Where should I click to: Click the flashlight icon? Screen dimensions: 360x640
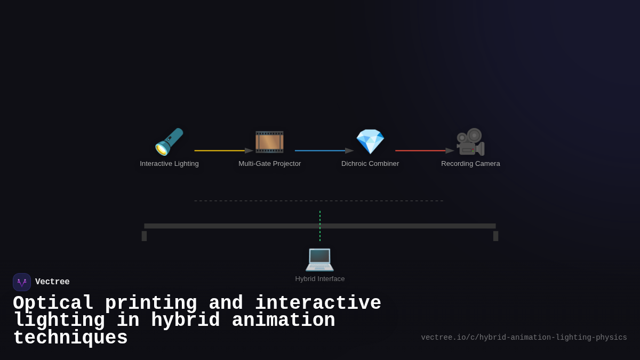pos(169,142)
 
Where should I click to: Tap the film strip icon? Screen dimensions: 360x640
pos(269,142)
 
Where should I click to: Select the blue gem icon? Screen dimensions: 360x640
pos(370,142)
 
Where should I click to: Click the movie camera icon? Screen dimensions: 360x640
pos(470,142)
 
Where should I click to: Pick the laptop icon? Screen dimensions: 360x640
pos(319,259)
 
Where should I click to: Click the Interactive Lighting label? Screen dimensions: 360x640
pos(169,164)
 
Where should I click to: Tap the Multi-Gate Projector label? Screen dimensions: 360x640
pos(269,164)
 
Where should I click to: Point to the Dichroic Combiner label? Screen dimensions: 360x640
pos(370,164)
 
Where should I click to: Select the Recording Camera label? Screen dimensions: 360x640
pos(470,164)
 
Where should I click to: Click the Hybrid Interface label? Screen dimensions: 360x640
pos(320,279)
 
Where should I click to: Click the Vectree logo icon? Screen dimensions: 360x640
pos(22,282)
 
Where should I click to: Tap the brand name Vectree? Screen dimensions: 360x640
pos(52,282)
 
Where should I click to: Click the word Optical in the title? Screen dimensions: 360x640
pos(53,303)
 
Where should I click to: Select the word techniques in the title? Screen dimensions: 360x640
pos(70,338)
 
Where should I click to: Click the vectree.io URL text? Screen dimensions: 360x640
pos(524,338)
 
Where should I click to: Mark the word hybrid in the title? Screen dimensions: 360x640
pos(185,321)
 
